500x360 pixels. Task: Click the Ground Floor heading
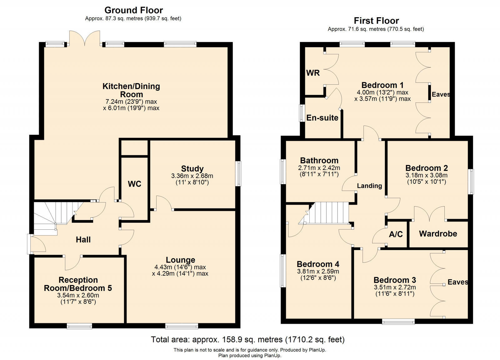(133, 10)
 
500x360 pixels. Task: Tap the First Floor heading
(376, 21)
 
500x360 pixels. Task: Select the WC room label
(134, 184)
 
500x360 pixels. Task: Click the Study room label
(192, 169)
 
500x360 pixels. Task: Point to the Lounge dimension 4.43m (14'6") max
(180, 267)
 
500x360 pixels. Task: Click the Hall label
(83, 240)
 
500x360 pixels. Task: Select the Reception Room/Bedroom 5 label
(78, 284)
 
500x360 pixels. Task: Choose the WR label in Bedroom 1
(313, 73)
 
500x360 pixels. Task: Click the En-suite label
(322, 118)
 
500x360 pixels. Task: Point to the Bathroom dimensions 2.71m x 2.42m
(319, 168)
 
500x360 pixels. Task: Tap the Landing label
(369, 186)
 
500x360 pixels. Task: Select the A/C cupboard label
(396, 234)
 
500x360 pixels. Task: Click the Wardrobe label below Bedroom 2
(438, 234)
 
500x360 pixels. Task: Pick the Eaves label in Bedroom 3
(457, 282)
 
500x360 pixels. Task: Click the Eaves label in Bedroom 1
(441, 94)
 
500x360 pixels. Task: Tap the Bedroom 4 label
(318, 264)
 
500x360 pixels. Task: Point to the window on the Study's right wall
(238, 173)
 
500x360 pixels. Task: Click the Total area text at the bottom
(248, 339)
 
